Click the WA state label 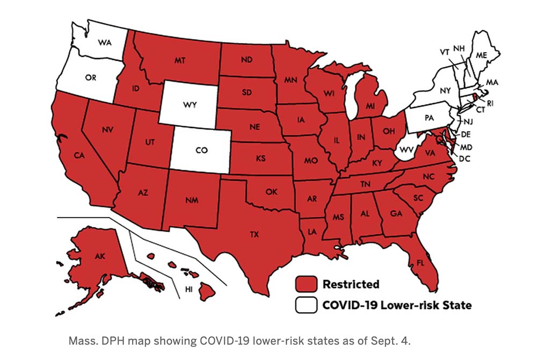click(105, 42)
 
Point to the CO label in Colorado click(201, 150)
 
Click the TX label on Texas click(253, 234)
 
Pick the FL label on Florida click(415, 264)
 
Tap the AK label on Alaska click(100, 256)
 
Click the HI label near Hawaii click(188, 289)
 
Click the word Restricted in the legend click(351, 284)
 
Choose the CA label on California click(79, 156)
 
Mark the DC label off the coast click(465, 159)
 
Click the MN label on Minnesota click(291, 80)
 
